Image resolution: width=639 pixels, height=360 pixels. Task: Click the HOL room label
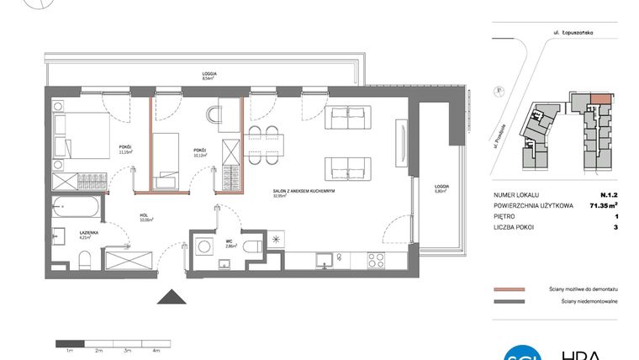point(145,216)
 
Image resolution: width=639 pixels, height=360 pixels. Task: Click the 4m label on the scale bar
point(156,349)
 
